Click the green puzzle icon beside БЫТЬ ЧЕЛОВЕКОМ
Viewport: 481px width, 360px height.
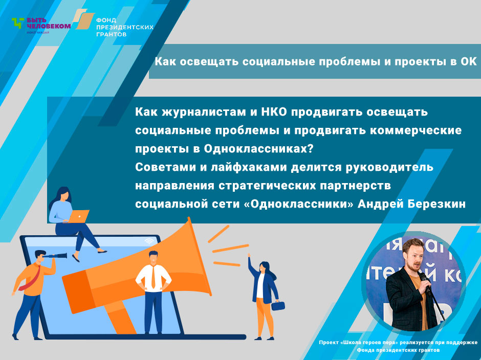click(x=18, y=23)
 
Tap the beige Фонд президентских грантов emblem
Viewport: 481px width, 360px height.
click(x=83, y=19)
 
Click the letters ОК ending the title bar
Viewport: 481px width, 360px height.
click(x=468, y=62)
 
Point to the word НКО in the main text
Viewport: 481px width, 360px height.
click(x=274, y=112)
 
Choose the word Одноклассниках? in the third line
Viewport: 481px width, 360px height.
click(x=258, y=149)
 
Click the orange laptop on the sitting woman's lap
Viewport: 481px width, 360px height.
click(x=78, y=216)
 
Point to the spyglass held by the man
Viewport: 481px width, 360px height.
click(x=56, y=256)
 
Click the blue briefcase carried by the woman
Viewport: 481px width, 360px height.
click(x=278, y=306)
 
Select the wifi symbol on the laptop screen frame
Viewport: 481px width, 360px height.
click(x=149, y=242)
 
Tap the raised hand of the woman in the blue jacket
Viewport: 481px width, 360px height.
click(x=249, y=255)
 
